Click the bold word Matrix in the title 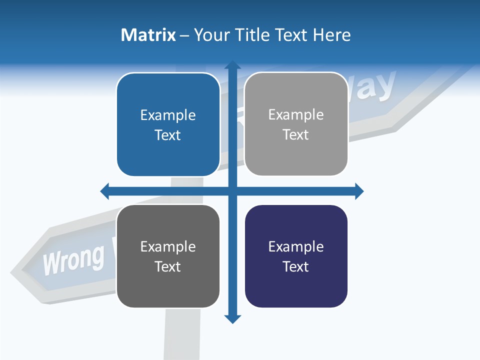click(148, 35)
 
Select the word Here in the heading click(331, 35)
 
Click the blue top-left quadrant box click(168, 124)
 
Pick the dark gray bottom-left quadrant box click(168, 256)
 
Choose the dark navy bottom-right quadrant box click(296, 256)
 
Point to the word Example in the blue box click(168, 115)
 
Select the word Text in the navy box click(296, 266)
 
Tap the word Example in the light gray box click(296, 114)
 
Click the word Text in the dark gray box click(168, 266)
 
